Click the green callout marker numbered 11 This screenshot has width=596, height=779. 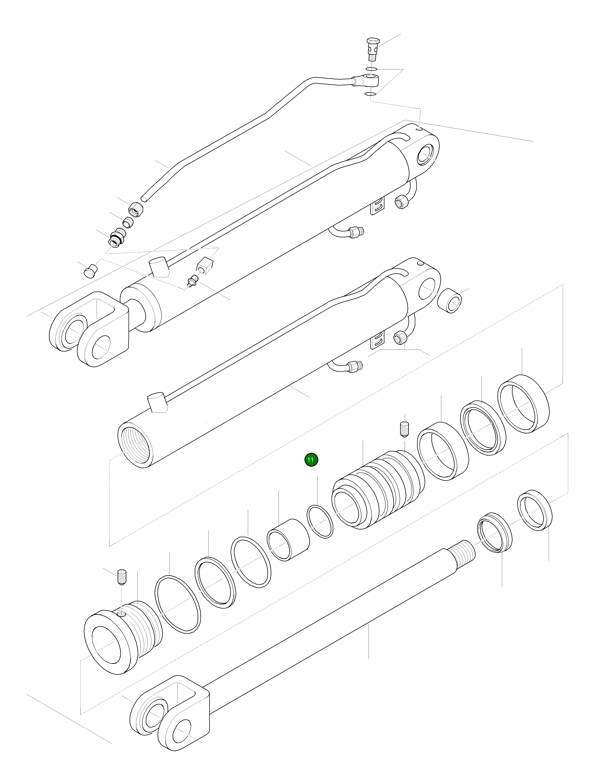(311, 460)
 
